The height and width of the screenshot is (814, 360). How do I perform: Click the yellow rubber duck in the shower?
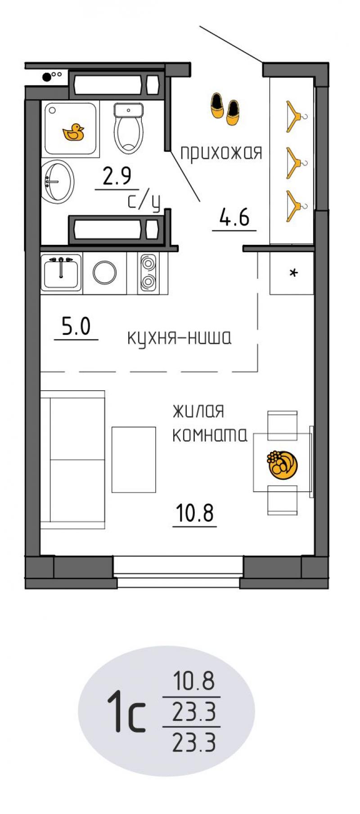click(73, 133)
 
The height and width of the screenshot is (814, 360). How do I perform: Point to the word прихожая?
click(221, 153)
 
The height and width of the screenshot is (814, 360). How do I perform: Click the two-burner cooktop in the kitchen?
click(148, 273)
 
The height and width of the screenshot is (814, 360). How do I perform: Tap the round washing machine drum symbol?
click(104, 272)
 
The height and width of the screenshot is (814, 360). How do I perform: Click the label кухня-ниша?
click(180, 337)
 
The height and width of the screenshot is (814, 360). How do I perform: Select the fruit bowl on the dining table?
click(283, 464)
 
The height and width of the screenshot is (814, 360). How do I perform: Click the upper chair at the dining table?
click(283, 425)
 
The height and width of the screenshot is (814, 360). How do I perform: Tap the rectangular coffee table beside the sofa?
click(134, 459)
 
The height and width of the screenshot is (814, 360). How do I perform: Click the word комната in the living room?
click(210, 435)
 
